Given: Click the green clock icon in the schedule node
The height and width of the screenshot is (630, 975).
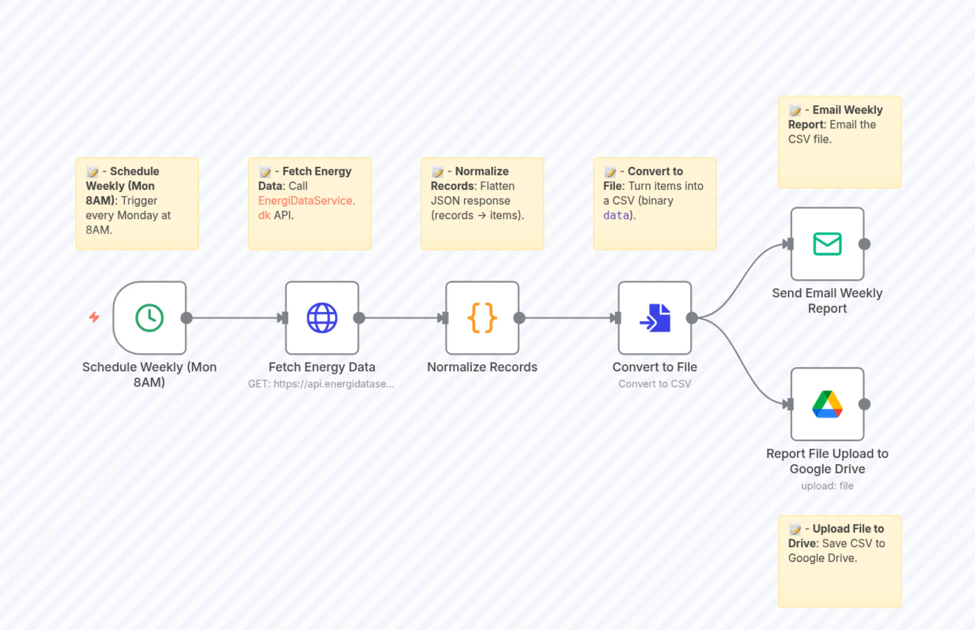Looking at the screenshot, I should (x=149, y=318).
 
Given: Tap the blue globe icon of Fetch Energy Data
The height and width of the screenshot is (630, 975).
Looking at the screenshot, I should (x=322, y=318).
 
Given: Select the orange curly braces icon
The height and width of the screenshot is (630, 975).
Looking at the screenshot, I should (x=482, y=318).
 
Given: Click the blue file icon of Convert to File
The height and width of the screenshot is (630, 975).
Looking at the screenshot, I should (x=656, y=318).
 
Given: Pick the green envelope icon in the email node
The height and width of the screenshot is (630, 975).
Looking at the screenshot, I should (x=827, y=244).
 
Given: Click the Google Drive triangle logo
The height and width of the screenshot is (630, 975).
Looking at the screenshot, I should (x=827, y=404).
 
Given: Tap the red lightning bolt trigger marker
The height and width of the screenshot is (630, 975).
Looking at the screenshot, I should (x=94, y=317).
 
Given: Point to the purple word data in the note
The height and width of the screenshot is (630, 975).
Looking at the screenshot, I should (x=616, y=216).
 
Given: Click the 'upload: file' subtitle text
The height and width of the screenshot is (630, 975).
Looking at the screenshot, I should (x=827, y=486).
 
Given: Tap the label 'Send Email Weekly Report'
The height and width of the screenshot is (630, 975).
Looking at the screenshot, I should (x=827, y=301).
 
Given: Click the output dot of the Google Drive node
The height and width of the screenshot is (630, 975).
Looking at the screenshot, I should (x=864, y=404).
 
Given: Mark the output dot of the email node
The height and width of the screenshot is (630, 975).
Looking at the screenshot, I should (x=864, y=244).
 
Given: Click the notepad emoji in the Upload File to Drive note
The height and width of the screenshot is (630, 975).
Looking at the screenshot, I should (x=795, y=529).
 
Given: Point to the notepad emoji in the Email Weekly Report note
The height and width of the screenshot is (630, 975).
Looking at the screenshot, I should (x=795, y=110).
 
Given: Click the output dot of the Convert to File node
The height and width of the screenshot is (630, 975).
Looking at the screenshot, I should (x=692, y=318).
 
